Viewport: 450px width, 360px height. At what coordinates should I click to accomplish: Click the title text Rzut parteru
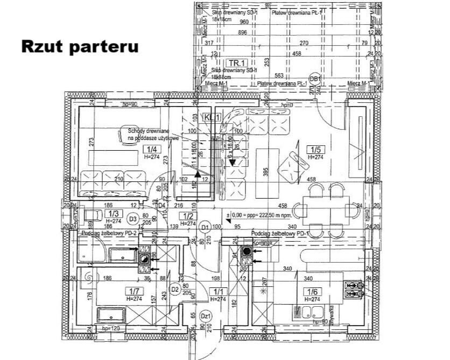pyautogui.click(x=80, y=46)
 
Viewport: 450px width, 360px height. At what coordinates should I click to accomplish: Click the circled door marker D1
pyautogui.click(x=205, y=228)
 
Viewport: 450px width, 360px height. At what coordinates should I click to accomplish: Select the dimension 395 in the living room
pyautogui.click(x=265, y=171)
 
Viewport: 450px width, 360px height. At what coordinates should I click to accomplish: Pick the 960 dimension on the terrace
pyautogui.click(x=243, y=22)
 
